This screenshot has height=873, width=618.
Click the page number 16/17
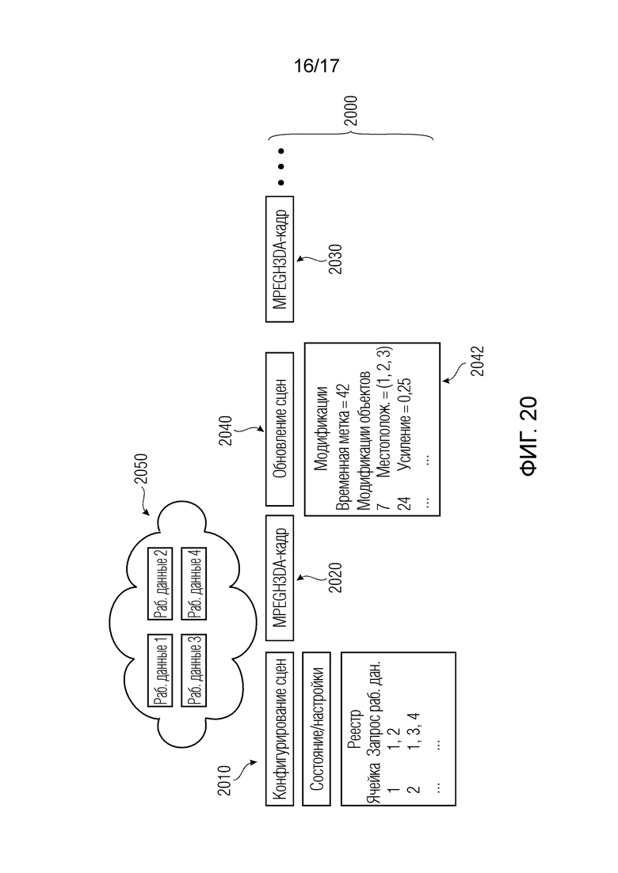(x=316, y=66)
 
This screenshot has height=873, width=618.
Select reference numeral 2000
(x=350, y=111)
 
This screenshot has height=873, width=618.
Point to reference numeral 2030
(x=335, y=259)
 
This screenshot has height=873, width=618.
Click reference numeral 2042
(x=478, y=361)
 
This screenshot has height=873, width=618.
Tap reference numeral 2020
(x=335, y=577)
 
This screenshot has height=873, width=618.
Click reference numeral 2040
(x=225, y=431)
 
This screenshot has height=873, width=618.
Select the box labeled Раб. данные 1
(x=160, y=671)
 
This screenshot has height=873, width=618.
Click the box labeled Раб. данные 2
(x=160, y=583)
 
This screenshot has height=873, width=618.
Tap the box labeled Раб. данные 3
(x=194, y=671)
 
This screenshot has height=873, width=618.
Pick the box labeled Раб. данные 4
(x=194, y=583)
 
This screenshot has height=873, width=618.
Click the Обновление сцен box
(x=280, y=429)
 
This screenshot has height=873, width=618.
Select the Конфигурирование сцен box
(x=280, y=729)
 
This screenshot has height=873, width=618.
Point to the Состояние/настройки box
(x=316, y=729)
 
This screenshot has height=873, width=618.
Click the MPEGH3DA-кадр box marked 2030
(x=280, y=259)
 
